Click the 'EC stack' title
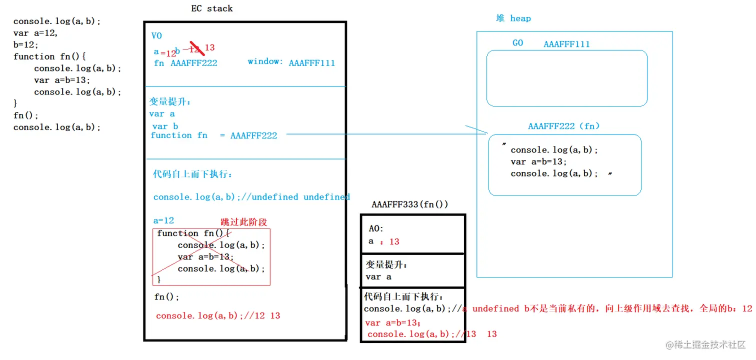212,8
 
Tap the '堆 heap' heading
513,18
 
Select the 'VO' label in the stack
156,36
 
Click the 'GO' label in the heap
517,43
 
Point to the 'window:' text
265,61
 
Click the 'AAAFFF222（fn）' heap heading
563,126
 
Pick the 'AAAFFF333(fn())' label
409,204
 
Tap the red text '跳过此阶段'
244,222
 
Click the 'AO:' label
376,228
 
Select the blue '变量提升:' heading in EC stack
170,101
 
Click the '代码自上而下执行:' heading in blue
192,174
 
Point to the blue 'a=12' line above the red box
163,220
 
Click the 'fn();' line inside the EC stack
166,297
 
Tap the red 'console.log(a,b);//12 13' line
218,316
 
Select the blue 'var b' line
165,126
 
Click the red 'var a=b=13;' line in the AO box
393,323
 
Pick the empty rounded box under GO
566,78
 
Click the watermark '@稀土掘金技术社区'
705,345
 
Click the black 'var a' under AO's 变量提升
378,277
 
